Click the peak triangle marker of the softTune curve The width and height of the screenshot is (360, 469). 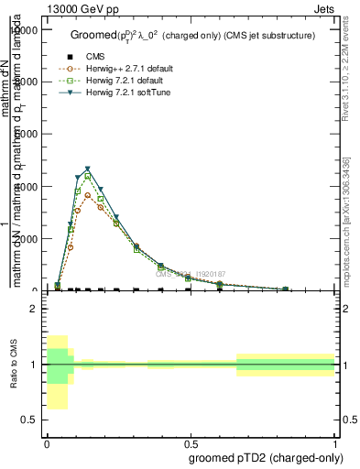pyautogui.click(x=87, y=169)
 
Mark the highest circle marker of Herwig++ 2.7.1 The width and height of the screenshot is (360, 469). pyautogui.click(x=87, y=195)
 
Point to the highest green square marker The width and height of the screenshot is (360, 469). pyautogui.click(x=87, y=176)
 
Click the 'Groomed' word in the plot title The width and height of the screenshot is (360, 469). pyautogui.click(x=90, y=36)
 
